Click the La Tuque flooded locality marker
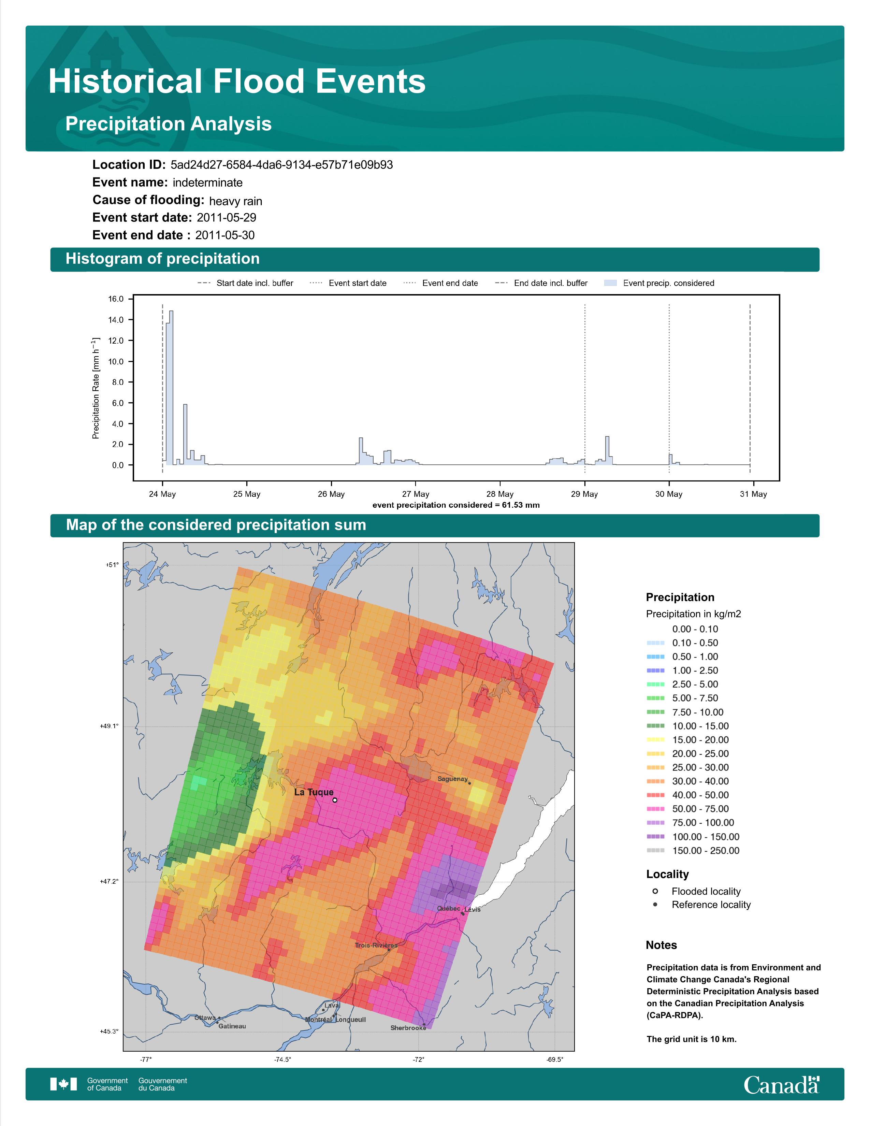coord(335,800)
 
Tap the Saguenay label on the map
coord(452,779)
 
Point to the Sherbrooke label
coord(408,1027)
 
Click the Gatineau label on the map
coord(232,1026)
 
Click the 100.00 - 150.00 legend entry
coord(693,837)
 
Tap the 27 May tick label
coord(416,494)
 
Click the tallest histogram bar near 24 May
coord(171,388)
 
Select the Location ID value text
coord(281,165)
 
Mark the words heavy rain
coord(235,201)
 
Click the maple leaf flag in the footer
coord(63,1084)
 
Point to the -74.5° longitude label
coord(282,1059)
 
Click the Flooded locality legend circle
coord(655,891)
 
